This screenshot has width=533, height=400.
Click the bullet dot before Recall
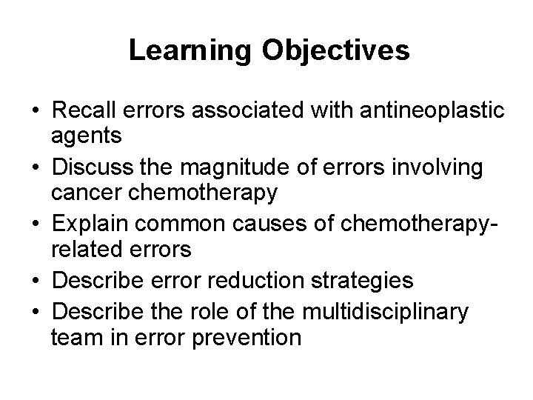(36, 113)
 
